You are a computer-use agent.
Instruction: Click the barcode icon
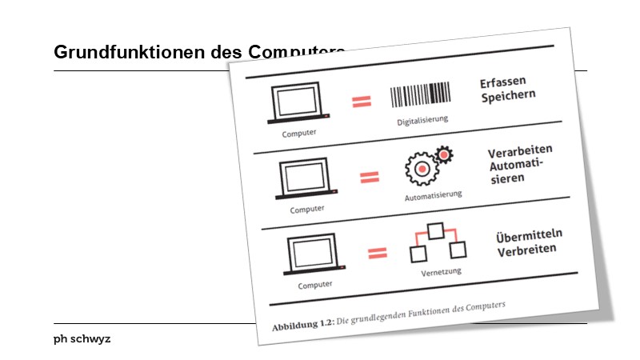(420, 95)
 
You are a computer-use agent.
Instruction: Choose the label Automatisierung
(434, 194)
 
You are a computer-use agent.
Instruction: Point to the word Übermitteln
(530, 234)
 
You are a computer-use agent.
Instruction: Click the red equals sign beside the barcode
(362, 102)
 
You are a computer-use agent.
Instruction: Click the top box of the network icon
(435, 231)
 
